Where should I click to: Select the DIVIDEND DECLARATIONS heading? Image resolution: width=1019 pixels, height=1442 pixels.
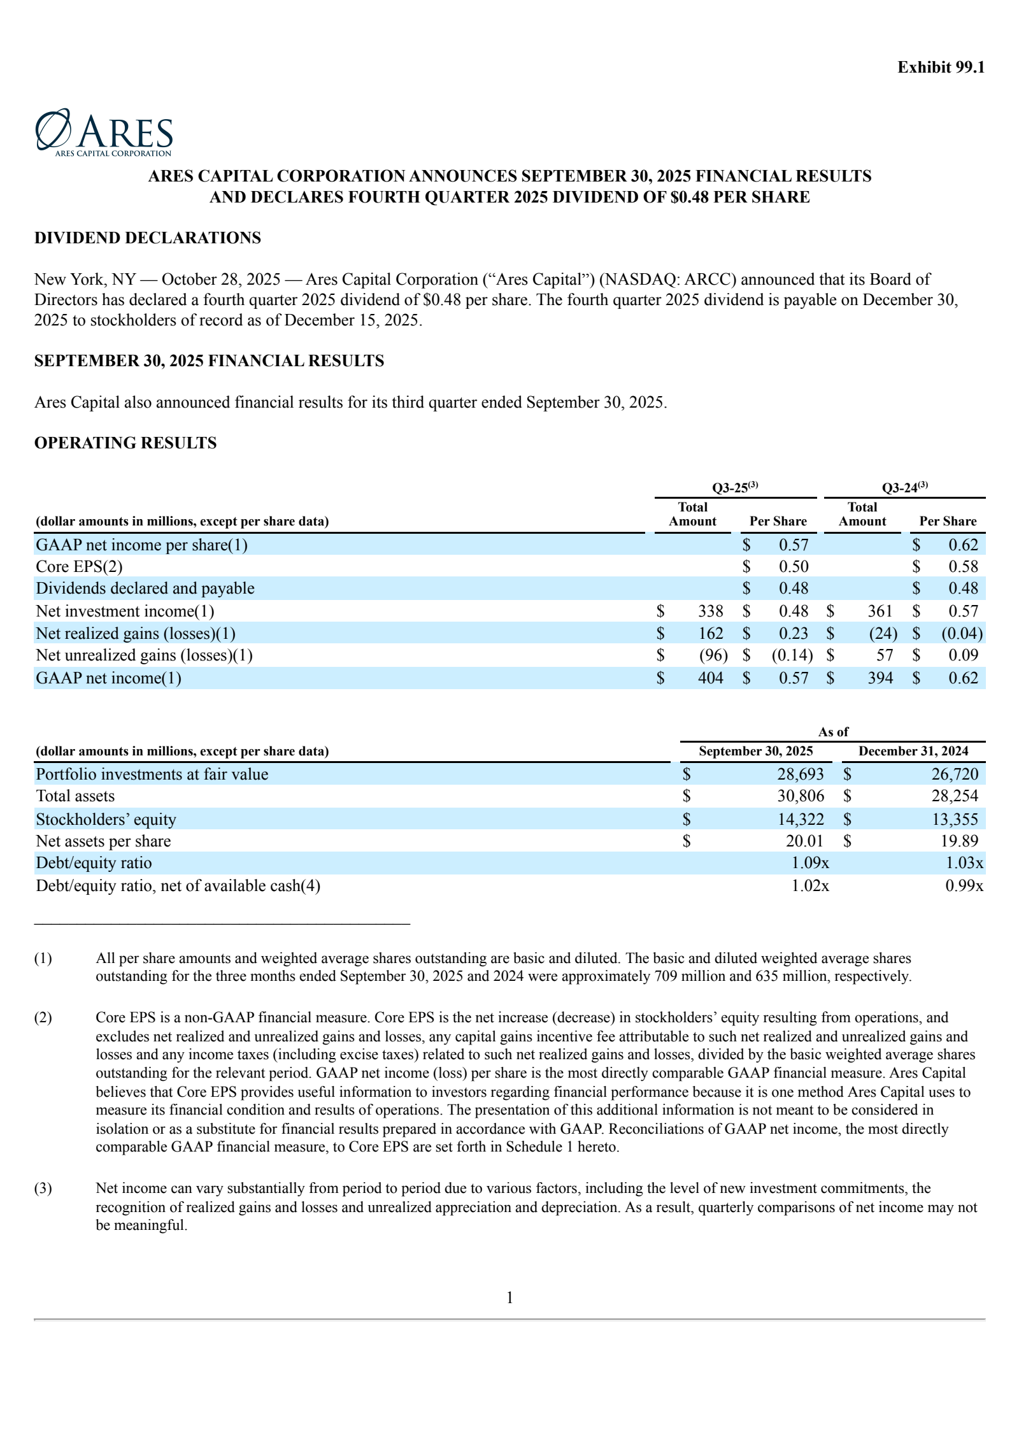point(148,238)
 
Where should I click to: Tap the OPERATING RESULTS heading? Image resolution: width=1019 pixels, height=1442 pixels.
point(125,443)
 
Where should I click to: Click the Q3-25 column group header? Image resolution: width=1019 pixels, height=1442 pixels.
point(734,488)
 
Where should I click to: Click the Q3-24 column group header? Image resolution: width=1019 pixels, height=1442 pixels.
point(904,488)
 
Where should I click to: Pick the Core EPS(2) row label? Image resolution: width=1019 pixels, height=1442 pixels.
point(79,566)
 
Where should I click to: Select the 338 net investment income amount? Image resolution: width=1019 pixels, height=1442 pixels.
point(710,611)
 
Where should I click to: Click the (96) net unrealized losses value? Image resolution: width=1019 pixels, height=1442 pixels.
point(713,655)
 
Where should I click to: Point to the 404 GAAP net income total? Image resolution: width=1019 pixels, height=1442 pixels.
point(710,678)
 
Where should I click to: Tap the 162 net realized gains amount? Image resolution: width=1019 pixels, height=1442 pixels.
point(710,633)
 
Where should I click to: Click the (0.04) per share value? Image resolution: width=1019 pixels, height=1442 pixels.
point(962,633)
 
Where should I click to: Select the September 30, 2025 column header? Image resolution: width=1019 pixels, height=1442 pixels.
point(755,751)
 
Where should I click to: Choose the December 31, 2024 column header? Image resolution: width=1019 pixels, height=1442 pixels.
point(913,751)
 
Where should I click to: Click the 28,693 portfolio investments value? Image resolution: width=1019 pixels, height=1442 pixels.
point(800,774)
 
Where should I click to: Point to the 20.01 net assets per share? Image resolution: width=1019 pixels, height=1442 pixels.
point(804,841)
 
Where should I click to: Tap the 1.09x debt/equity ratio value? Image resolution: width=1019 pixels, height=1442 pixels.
point(809,862)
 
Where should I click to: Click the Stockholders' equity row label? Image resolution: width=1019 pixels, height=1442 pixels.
point(106,819)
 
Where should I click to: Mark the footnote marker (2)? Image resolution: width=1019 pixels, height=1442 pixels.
point(43,1017)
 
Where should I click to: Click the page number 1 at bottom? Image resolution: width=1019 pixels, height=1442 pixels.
point(509,1297)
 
